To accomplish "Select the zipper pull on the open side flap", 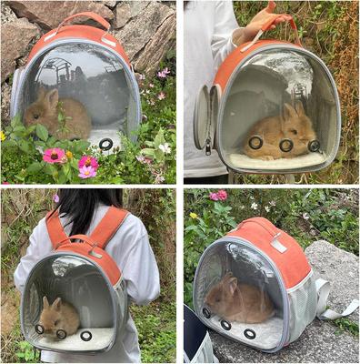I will (x=207, y=146).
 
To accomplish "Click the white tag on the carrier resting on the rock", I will (x=279, y=245).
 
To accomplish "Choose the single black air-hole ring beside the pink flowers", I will (x=106, y=144).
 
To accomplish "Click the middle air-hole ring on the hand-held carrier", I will (x=285, y=145).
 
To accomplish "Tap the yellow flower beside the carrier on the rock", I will (x=194, y=216).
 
